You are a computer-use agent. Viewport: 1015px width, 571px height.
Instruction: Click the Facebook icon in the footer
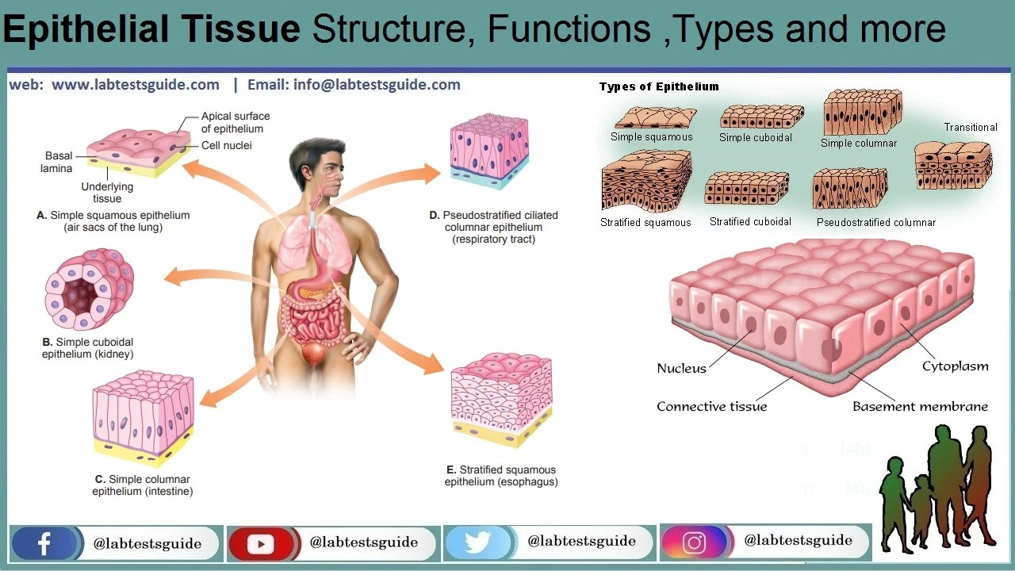coord(44,543)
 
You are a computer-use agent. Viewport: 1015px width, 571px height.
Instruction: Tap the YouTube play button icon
coord(260,543)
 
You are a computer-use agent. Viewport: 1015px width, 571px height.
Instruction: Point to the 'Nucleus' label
coord(681,368)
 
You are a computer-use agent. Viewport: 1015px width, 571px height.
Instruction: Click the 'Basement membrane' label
coord(920,406)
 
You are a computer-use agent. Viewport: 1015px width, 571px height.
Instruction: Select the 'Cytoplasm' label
coord(955,366)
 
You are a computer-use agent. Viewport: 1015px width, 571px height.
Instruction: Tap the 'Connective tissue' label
coord(711,406)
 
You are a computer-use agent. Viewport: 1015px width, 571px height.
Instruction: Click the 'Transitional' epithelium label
coord(970,127)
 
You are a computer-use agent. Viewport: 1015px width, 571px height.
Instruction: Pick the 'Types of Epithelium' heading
coord(659,86)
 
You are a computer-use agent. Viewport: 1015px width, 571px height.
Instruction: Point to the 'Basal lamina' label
coord(57,162)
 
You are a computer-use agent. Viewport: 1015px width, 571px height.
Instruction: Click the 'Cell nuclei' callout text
coord(227,145)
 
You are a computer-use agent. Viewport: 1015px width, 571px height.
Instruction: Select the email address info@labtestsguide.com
coord(377,85)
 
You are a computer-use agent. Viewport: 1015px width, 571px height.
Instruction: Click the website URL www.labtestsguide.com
coord(136,85)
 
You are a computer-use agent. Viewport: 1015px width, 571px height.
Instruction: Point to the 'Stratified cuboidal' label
coord(750,222)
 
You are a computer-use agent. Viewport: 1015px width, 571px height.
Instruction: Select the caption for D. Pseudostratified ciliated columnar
coord(493,227)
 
